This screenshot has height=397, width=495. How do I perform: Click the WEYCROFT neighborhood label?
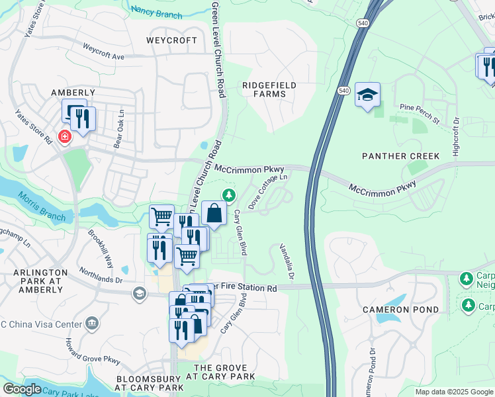(x=172, y=40)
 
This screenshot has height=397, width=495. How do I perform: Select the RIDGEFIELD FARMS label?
(x=269, y=89)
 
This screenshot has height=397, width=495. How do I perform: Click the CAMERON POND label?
(x=400, y=310)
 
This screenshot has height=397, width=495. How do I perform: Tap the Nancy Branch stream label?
(x=157, y=11)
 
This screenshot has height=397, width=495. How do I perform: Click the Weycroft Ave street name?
(x=104, y=52)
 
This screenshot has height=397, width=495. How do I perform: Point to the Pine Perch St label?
(x=420, y=112)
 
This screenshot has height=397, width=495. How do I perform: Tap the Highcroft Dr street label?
(x=456, y=137)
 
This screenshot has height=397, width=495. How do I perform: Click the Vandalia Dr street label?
(x=285, y=259)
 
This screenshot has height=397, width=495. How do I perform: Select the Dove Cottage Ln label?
(x=268, y=193)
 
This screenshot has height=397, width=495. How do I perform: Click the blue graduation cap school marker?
(x=367, y=94)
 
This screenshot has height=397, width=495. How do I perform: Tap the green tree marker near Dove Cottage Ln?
(x=229, y=195)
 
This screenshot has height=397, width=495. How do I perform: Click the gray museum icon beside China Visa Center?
(x=92, y=324)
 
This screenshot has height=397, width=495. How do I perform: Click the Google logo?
(x=22, y=389)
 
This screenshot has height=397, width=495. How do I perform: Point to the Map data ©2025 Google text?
(x=453, y=392)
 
